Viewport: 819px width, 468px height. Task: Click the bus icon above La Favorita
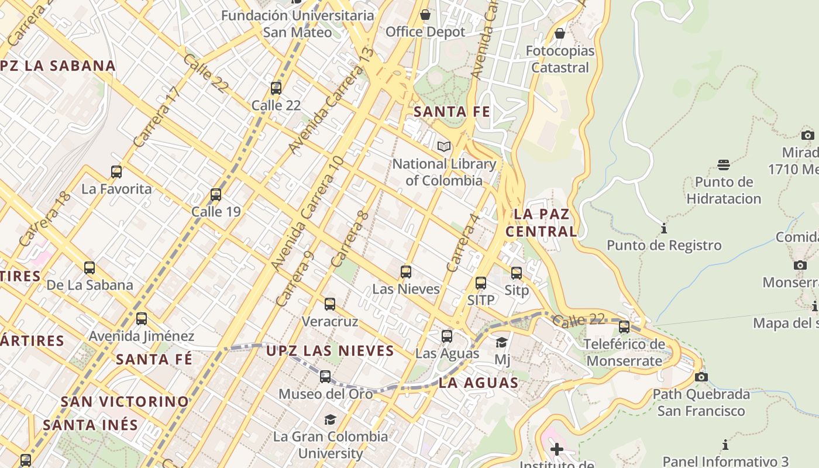point(116,172)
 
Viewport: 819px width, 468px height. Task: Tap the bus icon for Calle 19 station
point(216,195)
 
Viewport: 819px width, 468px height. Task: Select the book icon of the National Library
point(444,146)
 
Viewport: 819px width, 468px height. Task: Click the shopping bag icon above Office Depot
point(425,14)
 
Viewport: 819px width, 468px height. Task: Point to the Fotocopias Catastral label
point(560,59)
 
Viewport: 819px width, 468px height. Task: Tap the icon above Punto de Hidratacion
point(724,165)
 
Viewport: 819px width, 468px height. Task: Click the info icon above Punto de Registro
point(663,228)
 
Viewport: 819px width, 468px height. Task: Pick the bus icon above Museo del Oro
point(325,377)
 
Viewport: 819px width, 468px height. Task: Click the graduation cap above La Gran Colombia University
point(331,419)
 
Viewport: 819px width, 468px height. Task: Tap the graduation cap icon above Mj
point(501,342)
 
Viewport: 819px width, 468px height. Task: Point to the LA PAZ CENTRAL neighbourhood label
point(541,223)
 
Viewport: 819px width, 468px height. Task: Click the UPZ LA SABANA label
point(57,66)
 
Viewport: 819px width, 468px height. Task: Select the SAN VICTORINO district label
point(125,402)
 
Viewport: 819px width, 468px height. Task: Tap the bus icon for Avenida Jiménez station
point(142,319)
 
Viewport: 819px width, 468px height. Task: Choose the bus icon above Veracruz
point(330,304)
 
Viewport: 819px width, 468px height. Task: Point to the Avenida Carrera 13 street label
point(331,101)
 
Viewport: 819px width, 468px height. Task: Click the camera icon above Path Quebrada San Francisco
point(701,377)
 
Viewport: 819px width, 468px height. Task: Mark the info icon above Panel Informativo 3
point(725,445)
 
